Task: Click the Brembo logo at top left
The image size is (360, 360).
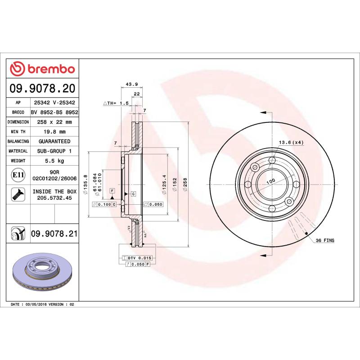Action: [42, 68]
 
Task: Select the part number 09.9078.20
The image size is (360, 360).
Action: [42, 88]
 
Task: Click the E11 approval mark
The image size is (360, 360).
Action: [18, 175]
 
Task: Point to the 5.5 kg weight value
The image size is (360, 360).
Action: [54, 161]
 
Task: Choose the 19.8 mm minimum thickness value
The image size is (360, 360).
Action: [54, 132]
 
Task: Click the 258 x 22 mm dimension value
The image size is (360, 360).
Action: [54, 122]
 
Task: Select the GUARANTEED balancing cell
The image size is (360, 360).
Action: [54, 141]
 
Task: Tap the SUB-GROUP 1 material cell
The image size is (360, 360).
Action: [54, 151]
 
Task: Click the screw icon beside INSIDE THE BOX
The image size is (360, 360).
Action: [18, 194]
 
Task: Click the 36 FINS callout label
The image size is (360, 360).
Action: [325, 241]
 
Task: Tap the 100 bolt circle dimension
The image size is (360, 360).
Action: [270, 181]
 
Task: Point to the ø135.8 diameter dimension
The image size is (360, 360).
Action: [86, 184]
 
